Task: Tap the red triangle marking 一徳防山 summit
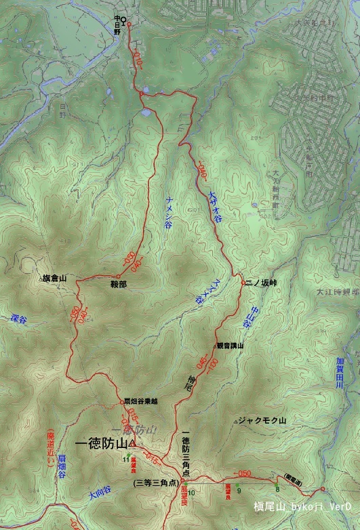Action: [133, 444]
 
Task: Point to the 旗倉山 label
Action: [54, 279]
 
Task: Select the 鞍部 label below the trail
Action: [119, 285]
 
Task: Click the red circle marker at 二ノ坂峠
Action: [243, 282]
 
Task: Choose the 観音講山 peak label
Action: [229, 346]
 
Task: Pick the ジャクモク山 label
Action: [263, 421]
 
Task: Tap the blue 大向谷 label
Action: [100, 495]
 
